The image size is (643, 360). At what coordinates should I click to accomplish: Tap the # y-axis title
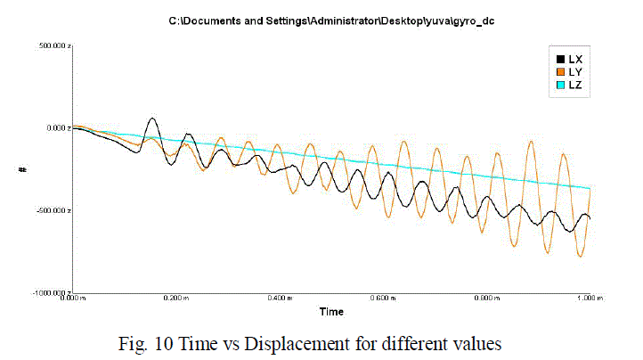24,168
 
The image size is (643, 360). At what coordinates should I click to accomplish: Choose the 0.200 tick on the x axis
177,299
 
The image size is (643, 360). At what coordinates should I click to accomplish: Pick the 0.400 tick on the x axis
281,299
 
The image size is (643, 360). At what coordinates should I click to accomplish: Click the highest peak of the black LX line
152,118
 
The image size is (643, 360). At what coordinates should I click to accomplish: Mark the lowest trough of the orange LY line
581,257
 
